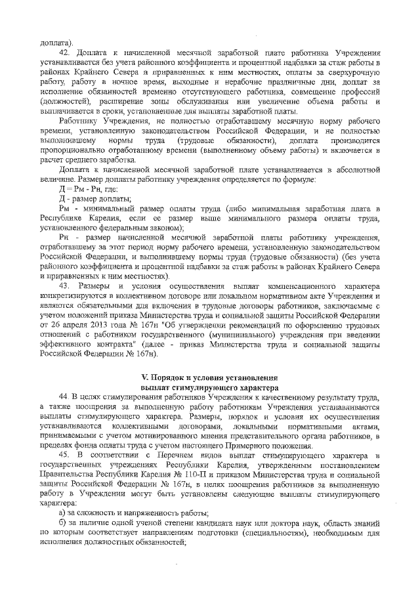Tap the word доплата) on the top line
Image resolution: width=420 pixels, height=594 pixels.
point(57,42)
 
